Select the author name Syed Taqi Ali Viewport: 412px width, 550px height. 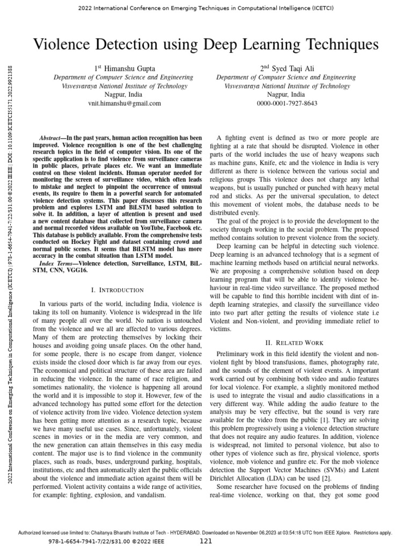[293, 69]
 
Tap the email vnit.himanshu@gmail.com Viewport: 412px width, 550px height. [124, 103]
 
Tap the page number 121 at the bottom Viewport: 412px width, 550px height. [206, 541]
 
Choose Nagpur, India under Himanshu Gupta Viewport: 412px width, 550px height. [124, 95]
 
